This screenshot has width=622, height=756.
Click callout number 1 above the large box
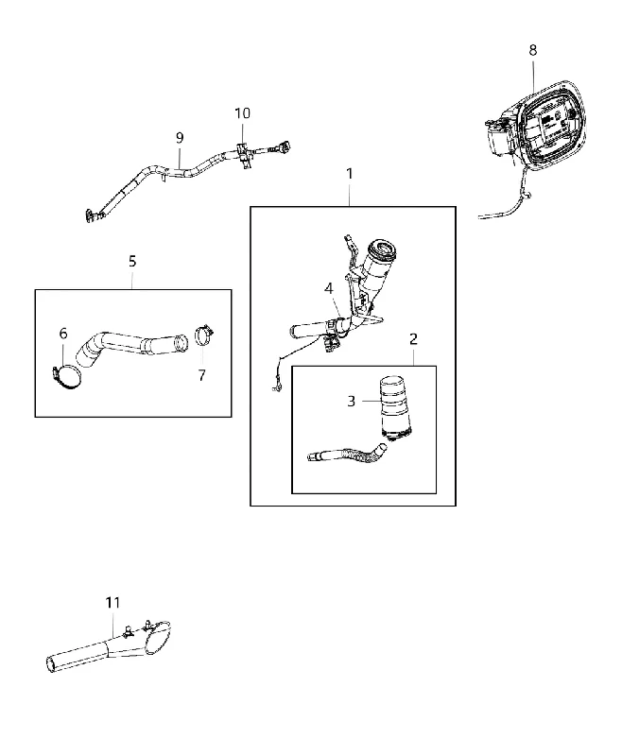point(350,174)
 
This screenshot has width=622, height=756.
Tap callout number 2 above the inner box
point(413,339)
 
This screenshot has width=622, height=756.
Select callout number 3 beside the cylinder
point(351,401)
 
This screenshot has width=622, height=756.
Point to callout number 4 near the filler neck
point(329,289)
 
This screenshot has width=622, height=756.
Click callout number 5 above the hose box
point(132,262)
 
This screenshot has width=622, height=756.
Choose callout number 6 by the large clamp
point(63,334)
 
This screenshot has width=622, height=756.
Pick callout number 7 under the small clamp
point(202,375)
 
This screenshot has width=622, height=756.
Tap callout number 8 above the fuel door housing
point(533,50)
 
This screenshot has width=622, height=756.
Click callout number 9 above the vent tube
point(180,138)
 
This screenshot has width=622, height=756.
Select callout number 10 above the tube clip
point(242,113)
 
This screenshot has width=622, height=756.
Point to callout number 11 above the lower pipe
point(112,603)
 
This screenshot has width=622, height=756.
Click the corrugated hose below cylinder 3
point(347,454)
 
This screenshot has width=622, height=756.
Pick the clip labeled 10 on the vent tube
point(244,155)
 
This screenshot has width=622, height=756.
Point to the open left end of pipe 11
point(50,664)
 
